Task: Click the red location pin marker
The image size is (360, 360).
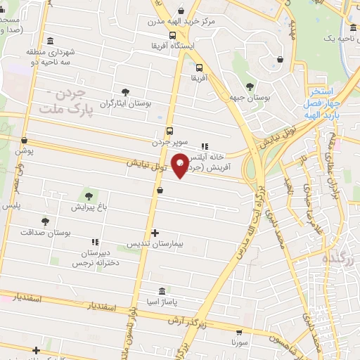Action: (181, 165)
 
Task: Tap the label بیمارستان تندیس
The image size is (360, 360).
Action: (154, 244)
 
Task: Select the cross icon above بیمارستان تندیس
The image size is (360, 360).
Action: (155, 233)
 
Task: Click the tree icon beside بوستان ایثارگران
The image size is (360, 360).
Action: (125, 92)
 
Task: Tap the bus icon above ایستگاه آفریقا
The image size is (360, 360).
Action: (172, 34)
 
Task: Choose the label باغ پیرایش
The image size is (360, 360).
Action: (89, 207)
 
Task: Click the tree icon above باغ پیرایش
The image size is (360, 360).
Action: (89, 195)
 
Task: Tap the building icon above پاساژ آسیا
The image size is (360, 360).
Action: (162, 290)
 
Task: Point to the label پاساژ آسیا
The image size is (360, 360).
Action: (162, 302)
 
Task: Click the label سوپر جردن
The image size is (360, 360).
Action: (168, 142)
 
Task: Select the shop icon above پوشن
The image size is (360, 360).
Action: (25, 140)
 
